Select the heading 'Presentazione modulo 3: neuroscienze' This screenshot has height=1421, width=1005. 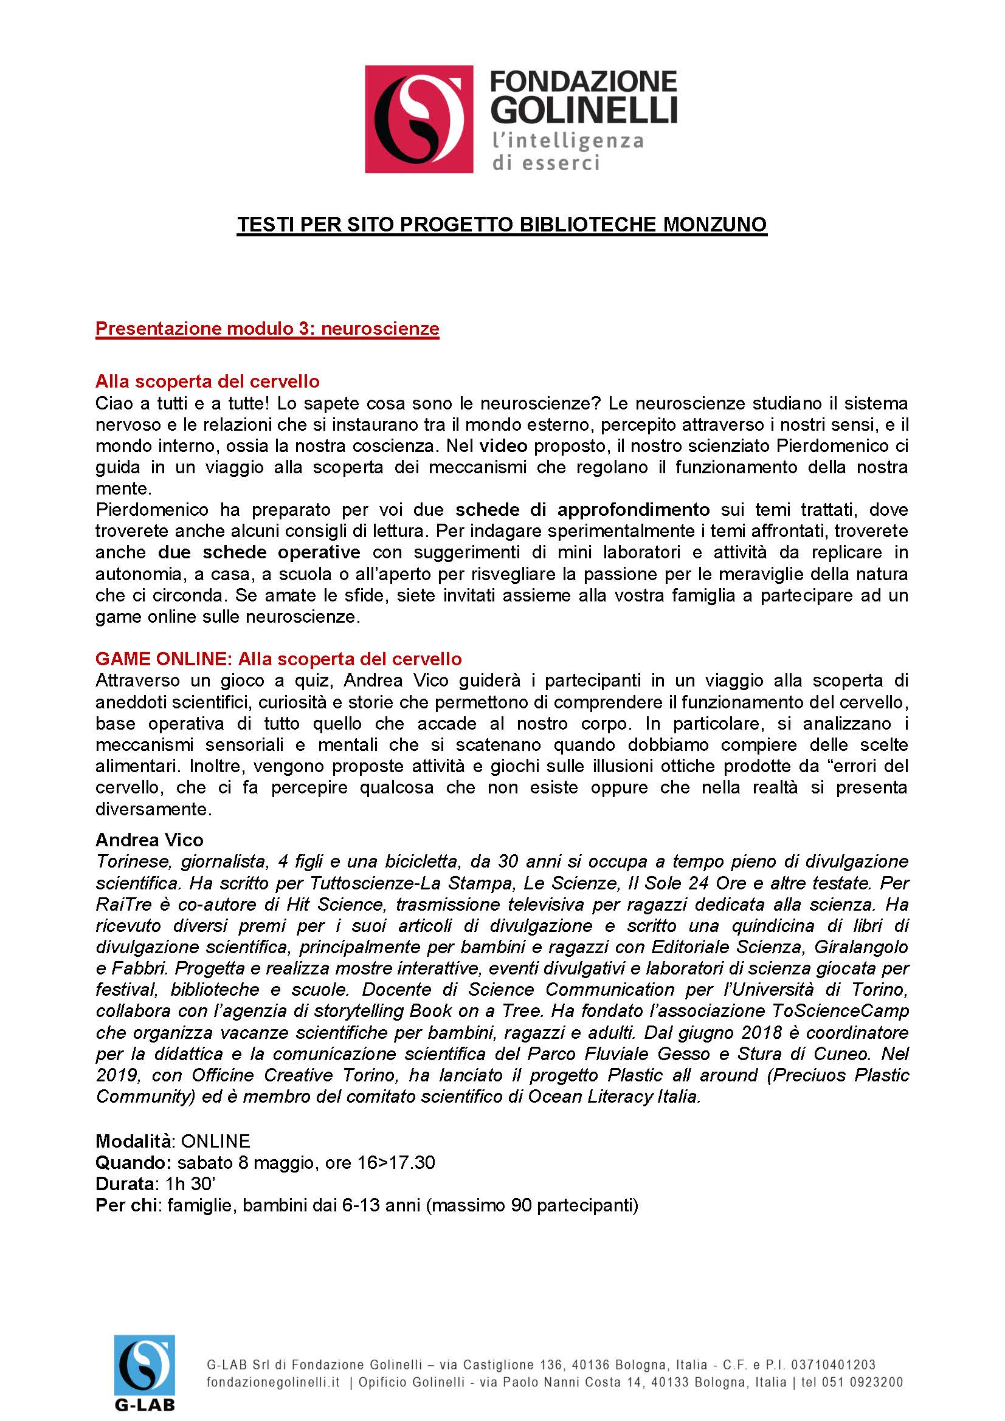tap(267, 328)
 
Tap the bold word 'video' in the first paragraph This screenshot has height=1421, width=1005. tap(503, 445)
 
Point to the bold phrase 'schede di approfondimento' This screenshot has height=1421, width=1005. tap(582, 509)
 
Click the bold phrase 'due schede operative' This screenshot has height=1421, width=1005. tap(259, 552)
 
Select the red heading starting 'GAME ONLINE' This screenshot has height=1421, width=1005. tap(278, 659)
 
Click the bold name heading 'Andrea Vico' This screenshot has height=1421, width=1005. tap(149, 840)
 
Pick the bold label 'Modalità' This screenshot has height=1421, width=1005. tap(133, 1141)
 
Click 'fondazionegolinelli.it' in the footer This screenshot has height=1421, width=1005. tap(273, 1382)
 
